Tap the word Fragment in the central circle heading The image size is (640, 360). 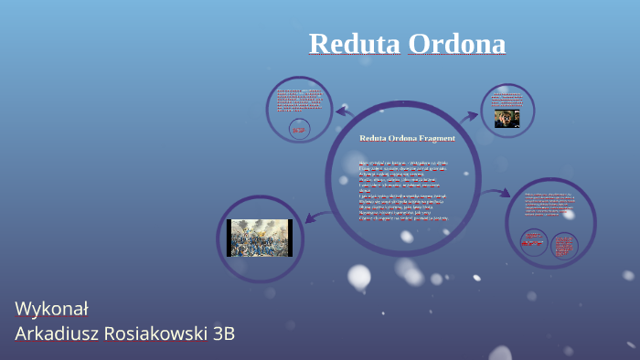(435, 138)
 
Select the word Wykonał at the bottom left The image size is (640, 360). (51, 307)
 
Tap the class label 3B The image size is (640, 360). (224, 334)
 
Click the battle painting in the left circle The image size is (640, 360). (261, 238)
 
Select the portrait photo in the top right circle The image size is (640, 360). (507, 118)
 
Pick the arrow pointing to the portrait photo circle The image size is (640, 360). (468, 116)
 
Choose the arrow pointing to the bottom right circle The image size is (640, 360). (497, 193)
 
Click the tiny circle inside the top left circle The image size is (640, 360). (298, 129)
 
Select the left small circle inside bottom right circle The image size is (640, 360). (533, 243)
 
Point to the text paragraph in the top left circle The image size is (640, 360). (298, 100)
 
